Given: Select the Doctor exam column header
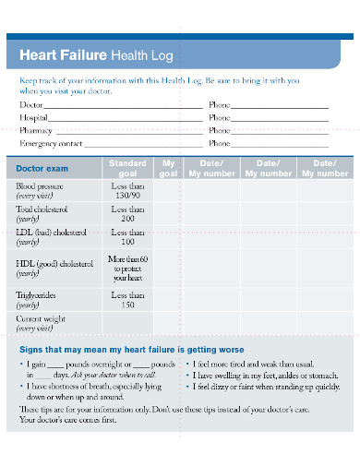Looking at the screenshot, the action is coord(42,169).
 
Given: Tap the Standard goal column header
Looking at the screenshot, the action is coord(127,168).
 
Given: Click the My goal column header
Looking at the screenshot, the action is coord(168,168).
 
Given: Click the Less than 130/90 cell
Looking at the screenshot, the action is coord(127,190).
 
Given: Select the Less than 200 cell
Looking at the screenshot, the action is coord(127,214).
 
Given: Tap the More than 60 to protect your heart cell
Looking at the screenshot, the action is coord(127,269).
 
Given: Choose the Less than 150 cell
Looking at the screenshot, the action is coord(127,299).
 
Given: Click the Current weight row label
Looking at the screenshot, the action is coord(42,323).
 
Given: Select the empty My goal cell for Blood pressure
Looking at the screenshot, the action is coord(168,190).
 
